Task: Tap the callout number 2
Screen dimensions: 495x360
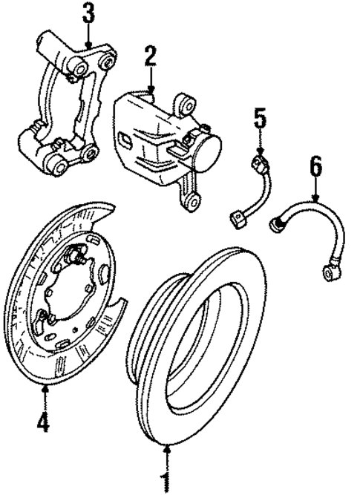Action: click(x=151, y=57)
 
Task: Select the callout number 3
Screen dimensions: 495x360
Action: click(x=88, y=13)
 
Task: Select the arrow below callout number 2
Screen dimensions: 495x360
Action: click(x=151, y=82)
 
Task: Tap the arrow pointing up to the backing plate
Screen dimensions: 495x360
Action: click(x=45, y=397)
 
